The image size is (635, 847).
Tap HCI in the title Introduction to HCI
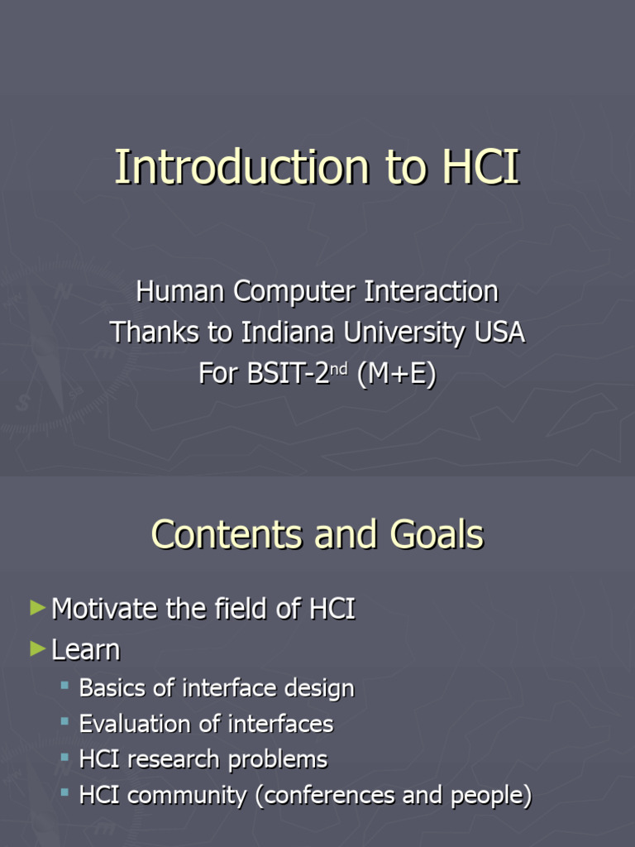coord(480,167)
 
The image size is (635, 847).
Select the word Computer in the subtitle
coord(284,291)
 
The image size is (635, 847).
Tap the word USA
coord(499,333)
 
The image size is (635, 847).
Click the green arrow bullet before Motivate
coord(37,609)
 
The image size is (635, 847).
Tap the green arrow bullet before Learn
coord(37,649)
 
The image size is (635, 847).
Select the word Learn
coord(86,650)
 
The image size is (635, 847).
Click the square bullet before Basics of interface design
coord(65,686)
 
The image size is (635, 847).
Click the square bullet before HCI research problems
coord(65,757)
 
